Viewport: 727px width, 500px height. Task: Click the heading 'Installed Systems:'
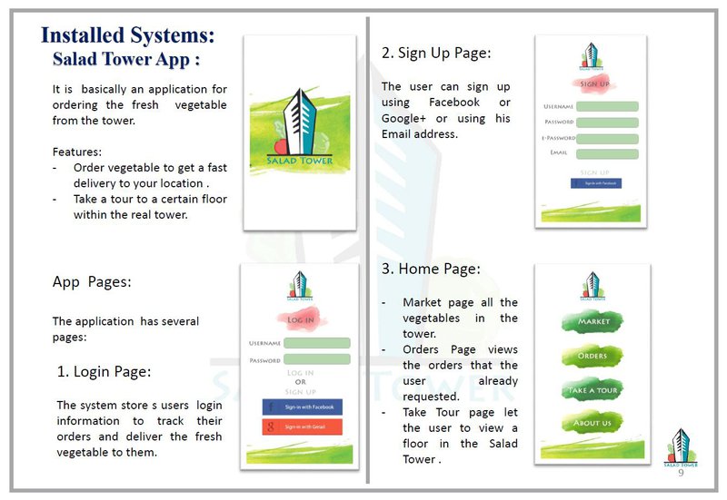tap(128, 36)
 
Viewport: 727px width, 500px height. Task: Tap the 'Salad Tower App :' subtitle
tap(126, 60)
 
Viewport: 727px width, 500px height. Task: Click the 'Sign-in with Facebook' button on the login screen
tap(302, 407)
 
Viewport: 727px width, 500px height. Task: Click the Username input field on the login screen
tap(316, 343)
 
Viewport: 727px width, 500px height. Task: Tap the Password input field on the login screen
tap(316, 359)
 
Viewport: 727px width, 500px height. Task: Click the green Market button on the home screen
tap(593, 322)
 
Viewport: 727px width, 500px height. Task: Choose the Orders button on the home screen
tap(593, 356)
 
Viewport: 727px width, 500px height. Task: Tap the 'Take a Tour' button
tap(593, 390)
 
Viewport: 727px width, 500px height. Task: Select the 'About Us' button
tap(593, 423)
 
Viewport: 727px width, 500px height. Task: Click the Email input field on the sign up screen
tap(607, 152)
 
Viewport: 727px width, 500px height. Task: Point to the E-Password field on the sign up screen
tap(607, 138)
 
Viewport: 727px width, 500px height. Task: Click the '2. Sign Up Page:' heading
tap(436, 54)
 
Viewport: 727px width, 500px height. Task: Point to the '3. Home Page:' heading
tap(431, 269)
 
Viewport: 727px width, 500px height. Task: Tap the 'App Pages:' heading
tap(92, 282)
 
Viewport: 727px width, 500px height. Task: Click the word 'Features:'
tap(77, 152)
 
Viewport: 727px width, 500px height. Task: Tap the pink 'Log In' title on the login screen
tap(301, 319)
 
